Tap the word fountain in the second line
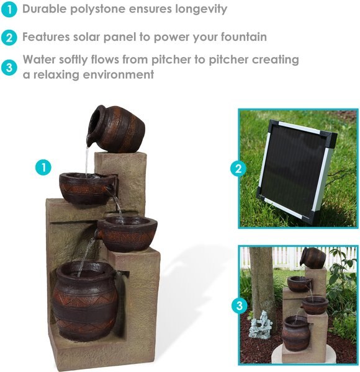click(243, 37)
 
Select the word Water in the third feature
click(40, 60)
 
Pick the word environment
click(122, 75)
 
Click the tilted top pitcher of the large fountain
click(118, 129)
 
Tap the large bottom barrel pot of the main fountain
click(85, 300)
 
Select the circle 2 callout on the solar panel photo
click(239, 168)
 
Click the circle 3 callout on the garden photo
click(239, 305)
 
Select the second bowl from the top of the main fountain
click(88, 188)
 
